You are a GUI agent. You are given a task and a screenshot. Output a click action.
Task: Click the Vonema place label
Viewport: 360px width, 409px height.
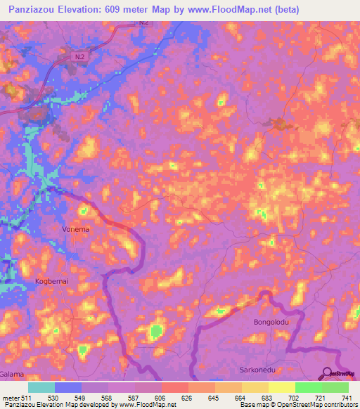[76, 229]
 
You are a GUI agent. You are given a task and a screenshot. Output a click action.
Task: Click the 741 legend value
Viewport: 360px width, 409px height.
[347, 398]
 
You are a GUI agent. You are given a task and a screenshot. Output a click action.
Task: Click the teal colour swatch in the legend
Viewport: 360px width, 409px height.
[41, 387]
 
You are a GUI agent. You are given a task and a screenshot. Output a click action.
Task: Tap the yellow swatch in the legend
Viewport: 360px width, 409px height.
[281, 387]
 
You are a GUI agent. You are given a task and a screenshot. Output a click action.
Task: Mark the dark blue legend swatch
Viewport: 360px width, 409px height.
[68, 387]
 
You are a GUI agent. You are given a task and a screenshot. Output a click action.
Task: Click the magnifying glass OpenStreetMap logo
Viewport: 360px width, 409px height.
[328, 374]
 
